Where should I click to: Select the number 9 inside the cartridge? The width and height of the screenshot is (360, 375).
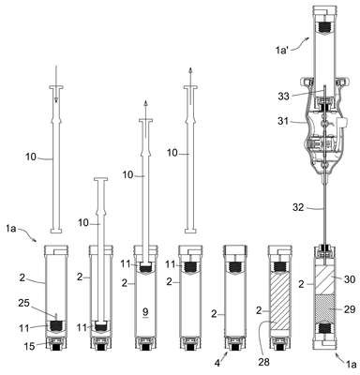point(145,311)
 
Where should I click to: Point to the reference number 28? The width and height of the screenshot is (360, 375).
point(264,362)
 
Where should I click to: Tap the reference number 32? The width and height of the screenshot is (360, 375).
point(298,207)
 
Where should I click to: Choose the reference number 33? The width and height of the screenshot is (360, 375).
point(283,97)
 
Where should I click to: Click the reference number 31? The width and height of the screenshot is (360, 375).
point(283,120)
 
